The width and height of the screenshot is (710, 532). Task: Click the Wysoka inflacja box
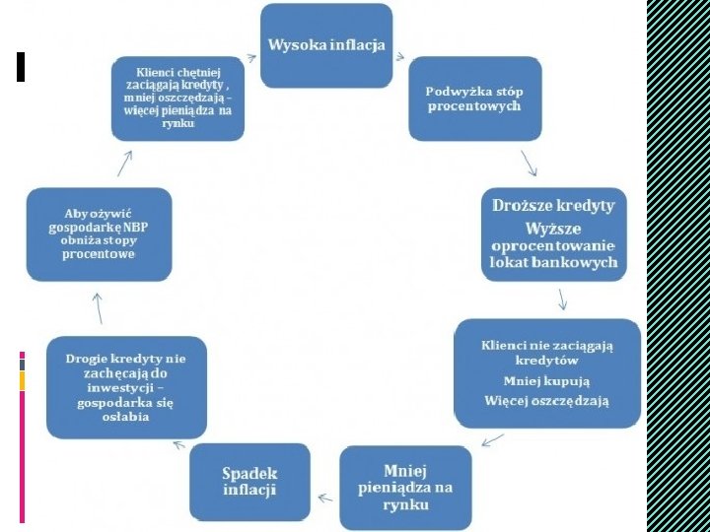(x=325, y=45)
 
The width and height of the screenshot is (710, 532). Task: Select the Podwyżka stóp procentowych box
(x=474, y=99)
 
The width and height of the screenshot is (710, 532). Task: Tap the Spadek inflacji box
(x=249, y=482)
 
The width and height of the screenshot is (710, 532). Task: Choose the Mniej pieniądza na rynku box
(x=405, y=487)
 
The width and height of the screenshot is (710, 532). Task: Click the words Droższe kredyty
(x=553, y=206)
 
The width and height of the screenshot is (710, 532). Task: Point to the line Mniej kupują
(x=546, y=380)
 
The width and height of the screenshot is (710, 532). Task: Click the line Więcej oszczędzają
(x=546, y=400)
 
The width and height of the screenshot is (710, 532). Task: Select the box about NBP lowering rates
(x=99, y=233)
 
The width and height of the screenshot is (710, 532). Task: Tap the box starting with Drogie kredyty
(x=126, y=387)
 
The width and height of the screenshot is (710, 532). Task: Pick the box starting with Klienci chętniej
(x=177, y=98)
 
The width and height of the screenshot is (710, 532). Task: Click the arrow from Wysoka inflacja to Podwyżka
(x=399, y=56)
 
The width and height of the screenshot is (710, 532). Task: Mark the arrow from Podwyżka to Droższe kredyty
(x=529, y=162)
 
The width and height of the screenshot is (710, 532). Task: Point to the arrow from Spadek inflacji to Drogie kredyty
(x=179, y=445)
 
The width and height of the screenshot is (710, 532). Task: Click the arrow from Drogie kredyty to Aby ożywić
(x=99, y=307)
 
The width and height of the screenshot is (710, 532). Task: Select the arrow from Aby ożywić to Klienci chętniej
(x=126, y=162)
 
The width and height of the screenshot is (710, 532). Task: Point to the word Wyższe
(x=553, y=228)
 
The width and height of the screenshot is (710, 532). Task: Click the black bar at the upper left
(x=21, y=66)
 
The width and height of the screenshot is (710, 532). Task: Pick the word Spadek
(x=249, y=473)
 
